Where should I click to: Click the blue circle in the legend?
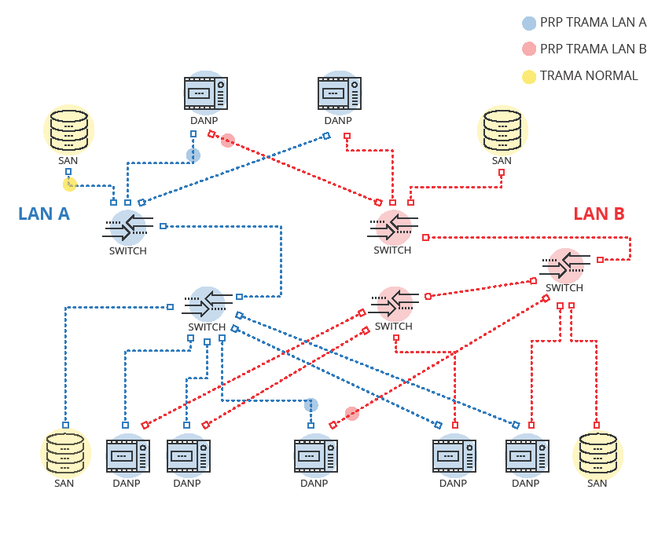[x=530, y=24]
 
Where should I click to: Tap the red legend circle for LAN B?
[x=530, y=49]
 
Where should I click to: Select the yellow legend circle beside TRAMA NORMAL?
[x=530, y=76]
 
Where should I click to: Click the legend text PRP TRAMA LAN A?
[x=593, y=24]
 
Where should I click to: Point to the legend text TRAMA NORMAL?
[x=589, y=76]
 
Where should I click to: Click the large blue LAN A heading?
[x=44, y=214]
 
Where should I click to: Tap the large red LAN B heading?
[x=599, y=214]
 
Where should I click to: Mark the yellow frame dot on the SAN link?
[x=70, y=184]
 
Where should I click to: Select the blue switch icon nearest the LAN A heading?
[x=127, y=227]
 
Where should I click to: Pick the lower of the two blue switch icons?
[x=207, y=303]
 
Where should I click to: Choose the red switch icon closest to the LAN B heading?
[x=564, y=265]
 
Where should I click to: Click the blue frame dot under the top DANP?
[x=193, y=155]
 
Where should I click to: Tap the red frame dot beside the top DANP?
[x=228, y=141]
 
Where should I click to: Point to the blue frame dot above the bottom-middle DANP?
[x=311, y=405]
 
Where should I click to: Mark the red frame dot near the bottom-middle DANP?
[x=351, y=414]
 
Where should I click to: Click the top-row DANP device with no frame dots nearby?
[x=339, y=93]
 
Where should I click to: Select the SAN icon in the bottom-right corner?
[x=597, y=455]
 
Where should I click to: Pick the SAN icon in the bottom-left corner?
[x=64, y=455]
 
